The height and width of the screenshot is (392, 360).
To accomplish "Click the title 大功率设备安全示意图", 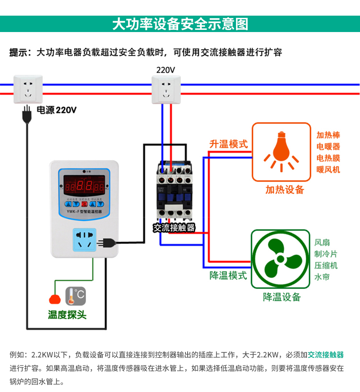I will pos(180,24).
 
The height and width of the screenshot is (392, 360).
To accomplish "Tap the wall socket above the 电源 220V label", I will pos(28,89).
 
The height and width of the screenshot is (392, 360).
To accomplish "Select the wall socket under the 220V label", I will pos(166,89).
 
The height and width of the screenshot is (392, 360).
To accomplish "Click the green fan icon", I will pos(280,259).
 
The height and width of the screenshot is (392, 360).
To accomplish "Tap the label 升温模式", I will pos(228,144).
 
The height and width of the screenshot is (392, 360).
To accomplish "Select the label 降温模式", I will pos(228,275).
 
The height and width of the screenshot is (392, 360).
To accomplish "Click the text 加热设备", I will pos(284,190).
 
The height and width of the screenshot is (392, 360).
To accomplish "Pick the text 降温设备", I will pos(282,297).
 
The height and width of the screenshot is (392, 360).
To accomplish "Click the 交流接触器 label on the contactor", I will pos(174,228).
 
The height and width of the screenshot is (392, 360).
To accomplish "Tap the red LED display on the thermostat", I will pos(84,185).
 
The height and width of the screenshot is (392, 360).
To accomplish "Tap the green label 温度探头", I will pos(67,314).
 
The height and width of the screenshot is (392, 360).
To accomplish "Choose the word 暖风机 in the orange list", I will pos(328,169).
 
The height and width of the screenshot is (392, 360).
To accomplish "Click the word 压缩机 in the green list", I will pos(326,265).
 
